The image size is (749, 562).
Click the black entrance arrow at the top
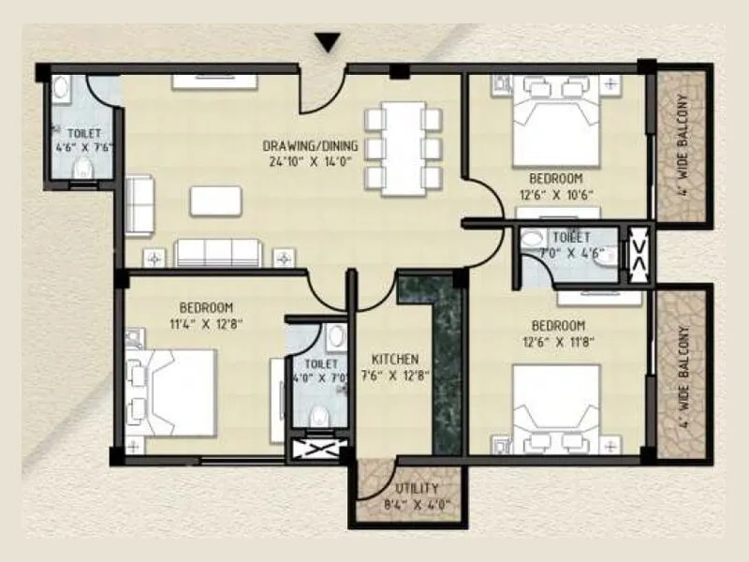click(x=326, y=43)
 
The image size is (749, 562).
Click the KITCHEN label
click(x=394, y=359)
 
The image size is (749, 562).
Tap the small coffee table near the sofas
click(x=215, y=200)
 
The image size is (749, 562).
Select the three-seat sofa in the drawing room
click(x=219, y=252)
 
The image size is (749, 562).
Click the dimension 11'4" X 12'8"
click(x=205, y=324)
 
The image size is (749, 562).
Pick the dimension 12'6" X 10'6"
click(x=555, y=195)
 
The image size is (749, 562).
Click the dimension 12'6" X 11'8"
click(x=555, y=342)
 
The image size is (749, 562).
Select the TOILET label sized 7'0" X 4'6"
click(x=570, y=244)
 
